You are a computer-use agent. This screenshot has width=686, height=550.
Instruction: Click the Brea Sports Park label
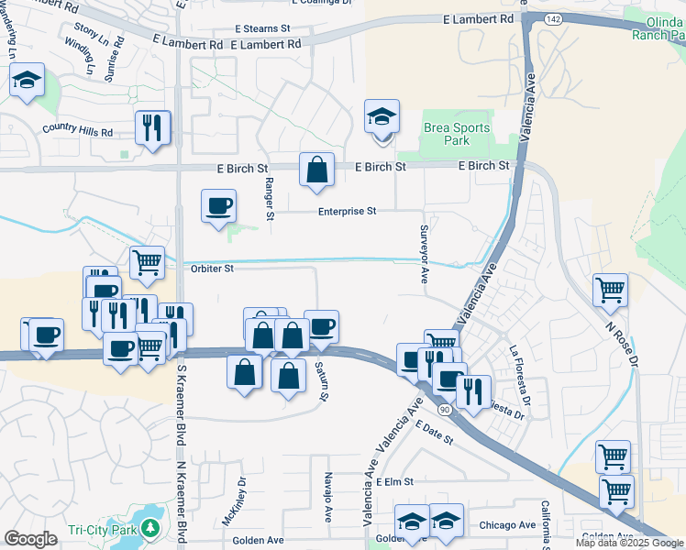point(457,134)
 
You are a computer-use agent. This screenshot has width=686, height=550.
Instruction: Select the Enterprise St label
point(348,211)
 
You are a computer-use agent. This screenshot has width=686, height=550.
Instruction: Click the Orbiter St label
point(213,269)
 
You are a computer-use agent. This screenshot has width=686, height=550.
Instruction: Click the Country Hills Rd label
point(77,132)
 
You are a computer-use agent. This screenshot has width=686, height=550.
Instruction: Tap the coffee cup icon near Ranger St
point(218,206)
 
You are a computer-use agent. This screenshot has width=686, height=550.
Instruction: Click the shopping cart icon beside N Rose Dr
point(610,291)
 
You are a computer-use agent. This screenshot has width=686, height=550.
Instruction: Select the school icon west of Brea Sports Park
point(382,116)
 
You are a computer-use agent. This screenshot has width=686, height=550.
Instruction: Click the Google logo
point(30,538)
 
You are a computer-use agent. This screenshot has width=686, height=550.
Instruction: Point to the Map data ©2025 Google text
point(629,543)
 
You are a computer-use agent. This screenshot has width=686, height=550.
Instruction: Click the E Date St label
point(434,434)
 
